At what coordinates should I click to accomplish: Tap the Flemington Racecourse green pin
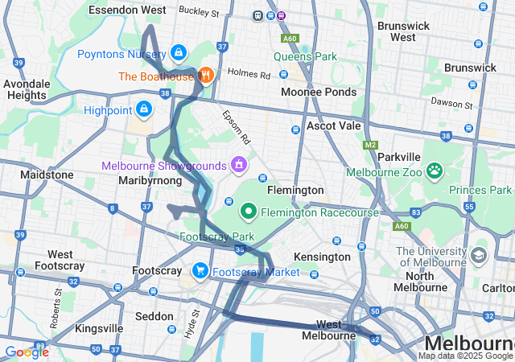click(249, 212)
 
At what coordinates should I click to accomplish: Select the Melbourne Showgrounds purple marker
click(238, 165)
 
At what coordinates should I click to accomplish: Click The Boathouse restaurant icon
click(205, 76)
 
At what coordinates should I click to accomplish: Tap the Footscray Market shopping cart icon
click(200, 271)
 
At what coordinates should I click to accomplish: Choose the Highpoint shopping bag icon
click(143, 107)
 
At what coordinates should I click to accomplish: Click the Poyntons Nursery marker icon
click(178, 54)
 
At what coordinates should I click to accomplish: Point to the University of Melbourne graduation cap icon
click(479, 256)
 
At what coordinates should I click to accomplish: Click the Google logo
click(26, 352)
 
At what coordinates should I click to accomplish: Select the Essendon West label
click(127, 10)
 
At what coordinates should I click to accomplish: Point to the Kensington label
click(323, 256)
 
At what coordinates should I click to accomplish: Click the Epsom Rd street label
click(237, 127)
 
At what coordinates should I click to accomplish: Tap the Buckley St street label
click(200, 13)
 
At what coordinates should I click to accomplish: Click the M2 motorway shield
click(370, 146)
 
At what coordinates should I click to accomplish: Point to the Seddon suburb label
click(154, 317)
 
